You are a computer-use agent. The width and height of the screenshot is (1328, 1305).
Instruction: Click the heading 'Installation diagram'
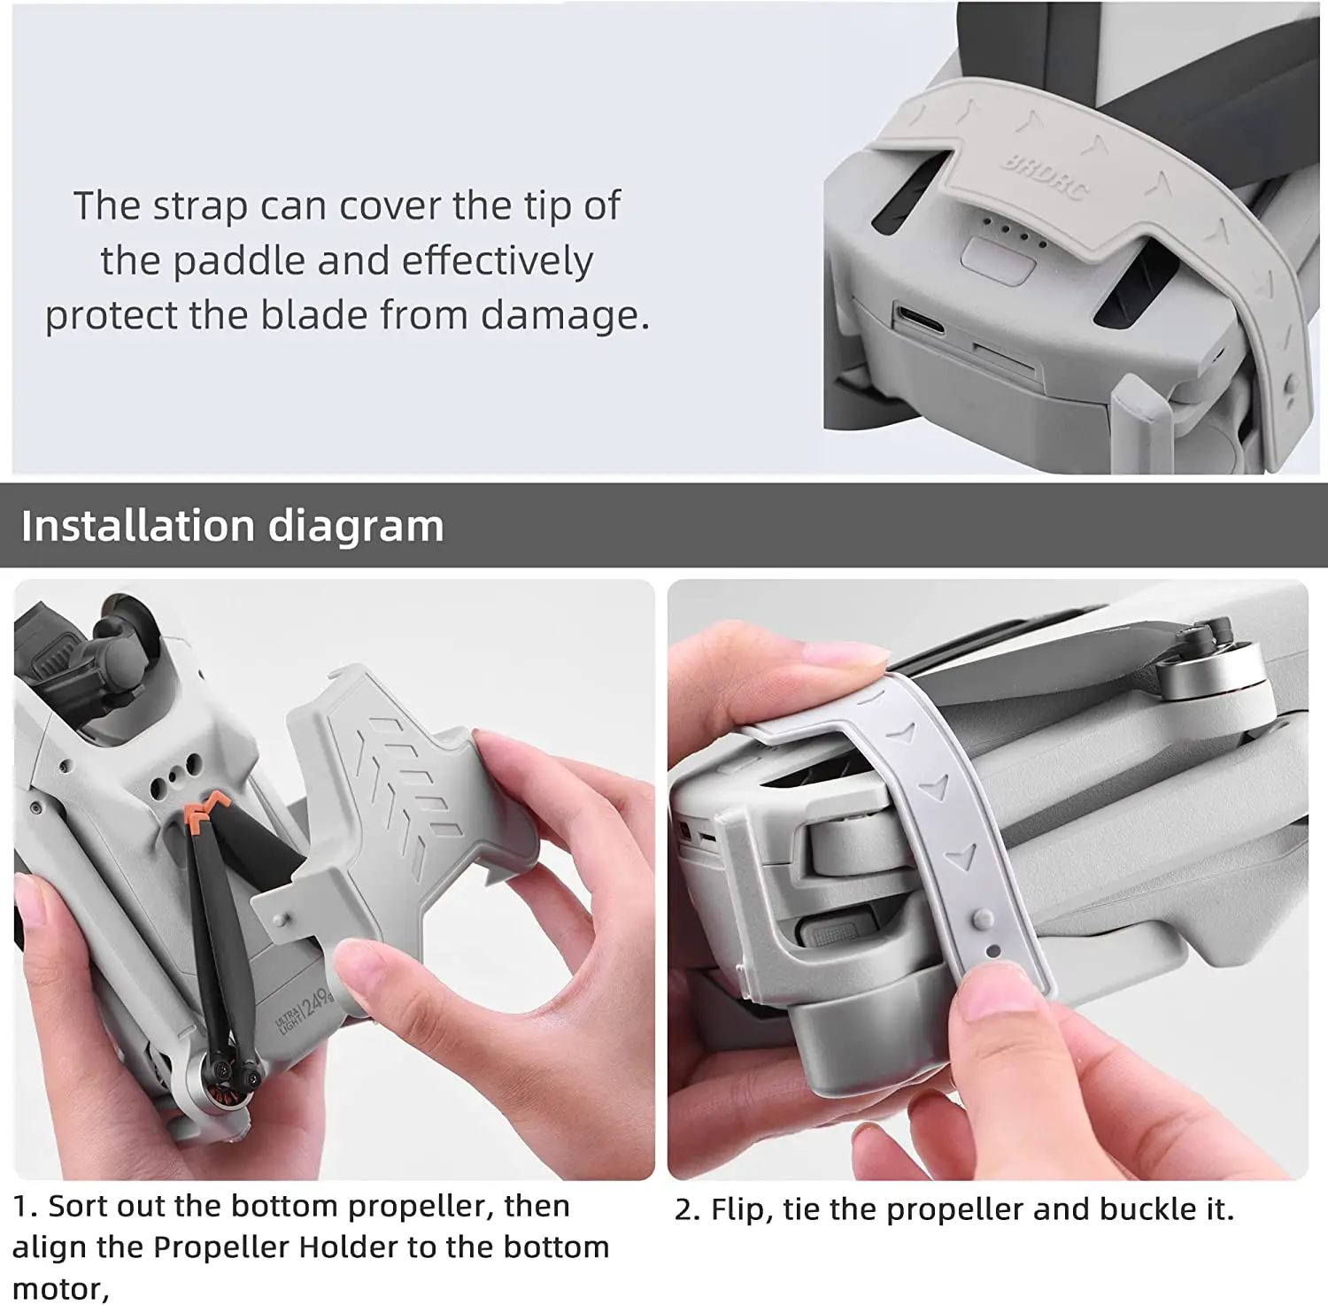232,526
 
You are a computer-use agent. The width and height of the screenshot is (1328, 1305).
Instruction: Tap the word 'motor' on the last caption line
58,1288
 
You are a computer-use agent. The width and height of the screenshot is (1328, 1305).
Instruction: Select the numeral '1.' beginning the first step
26,1206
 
